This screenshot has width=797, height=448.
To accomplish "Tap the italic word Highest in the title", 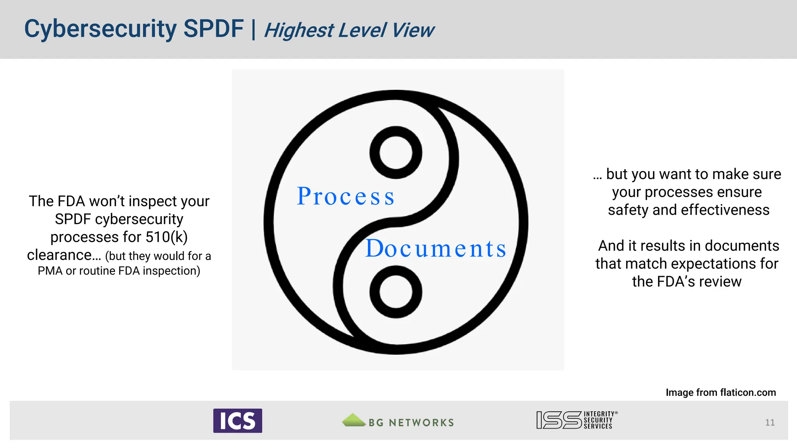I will (299, 30).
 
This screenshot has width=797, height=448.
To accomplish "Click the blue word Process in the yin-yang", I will (346, 196).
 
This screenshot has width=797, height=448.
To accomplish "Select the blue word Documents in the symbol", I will (436, 248).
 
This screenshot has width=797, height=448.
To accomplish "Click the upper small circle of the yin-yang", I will (396, 152).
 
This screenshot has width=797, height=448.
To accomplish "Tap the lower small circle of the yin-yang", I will (396, 292).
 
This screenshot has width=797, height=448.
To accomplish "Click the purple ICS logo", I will (237, 421).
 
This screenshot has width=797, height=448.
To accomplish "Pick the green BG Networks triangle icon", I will (353, 420).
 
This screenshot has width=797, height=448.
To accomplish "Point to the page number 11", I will (770, 423).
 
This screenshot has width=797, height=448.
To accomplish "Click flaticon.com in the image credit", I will (748, 392).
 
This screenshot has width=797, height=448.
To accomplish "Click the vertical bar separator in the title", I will (254, 29).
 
